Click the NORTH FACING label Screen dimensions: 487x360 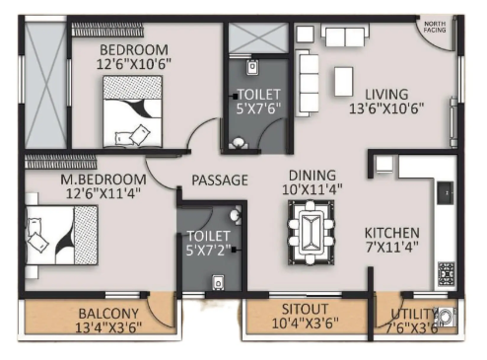click(x=435, y=27)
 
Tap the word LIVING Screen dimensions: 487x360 click(x=386, y=95)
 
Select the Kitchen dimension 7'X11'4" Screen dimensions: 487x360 click(x=392, y=247)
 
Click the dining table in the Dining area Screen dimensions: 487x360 click(x=312, y=233)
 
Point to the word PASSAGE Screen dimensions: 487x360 click(x=220, y=180)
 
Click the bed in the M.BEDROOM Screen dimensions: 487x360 click(x=62, y=235)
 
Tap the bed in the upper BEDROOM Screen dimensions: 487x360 click(x=132, y=111)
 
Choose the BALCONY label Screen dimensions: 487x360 click(x=108, y=314)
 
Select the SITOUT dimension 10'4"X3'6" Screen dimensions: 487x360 click(x=305, y=324)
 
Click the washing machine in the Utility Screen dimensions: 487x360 click(x=446, y=317)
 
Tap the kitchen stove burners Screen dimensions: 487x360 click(x=447, y=274)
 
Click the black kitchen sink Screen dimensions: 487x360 click(x=446, y=192)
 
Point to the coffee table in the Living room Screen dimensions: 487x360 click(x=344, y=81)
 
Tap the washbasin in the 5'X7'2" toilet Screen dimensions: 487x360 click(x=236, y=215)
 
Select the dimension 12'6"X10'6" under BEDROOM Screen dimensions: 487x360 click(x=134, y=64)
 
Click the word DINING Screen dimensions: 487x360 click(x=313, y=176)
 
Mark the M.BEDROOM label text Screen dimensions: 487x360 click(x=104, y=180)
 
